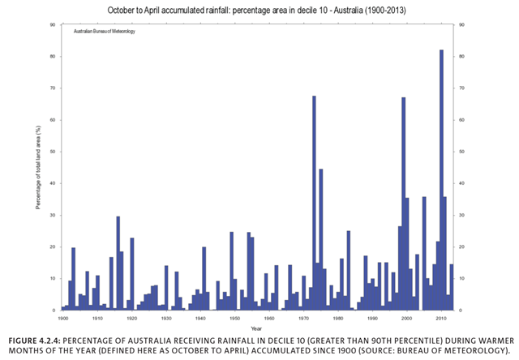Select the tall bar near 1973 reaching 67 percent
[x=314, y=203]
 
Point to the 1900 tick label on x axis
[x=63, y=319]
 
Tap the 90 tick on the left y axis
[x=52, y=24]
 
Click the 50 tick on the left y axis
[x=52, y=152]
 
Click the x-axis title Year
[x=255, y=328]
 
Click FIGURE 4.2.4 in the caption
[x=36, y=338]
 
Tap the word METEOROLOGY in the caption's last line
[x=468, y=349]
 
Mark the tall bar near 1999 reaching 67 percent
[x=403, y=203]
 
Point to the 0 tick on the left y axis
[x=54, y=310]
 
